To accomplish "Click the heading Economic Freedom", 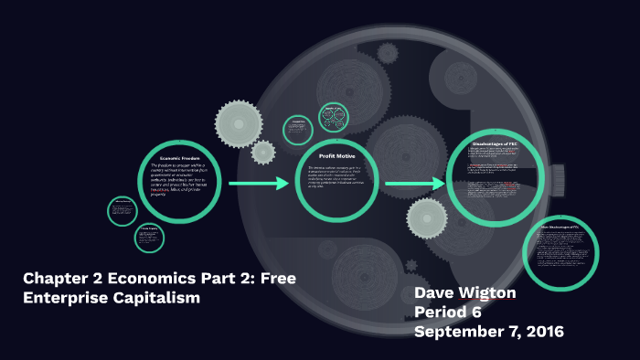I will [x=179, y=156].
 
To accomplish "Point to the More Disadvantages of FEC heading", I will [x=559, y=227].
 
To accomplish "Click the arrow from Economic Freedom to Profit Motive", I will [x=259, y=184].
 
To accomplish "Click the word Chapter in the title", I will [x=57, y=278].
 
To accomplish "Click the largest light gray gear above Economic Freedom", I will [x=239, y=122].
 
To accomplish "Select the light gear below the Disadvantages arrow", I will [x=425, y=218].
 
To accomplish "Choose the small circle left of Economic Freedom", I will [x=122, y=210].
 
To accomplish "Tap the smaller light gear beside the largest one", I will [x=263, y=152].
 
